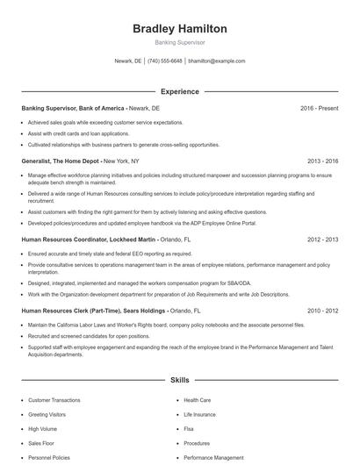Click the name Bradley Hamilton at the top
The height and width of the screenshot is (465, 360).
(x=179, y=29)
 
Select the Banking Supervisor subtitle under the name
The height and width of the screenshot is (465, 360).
(x=179, y=43)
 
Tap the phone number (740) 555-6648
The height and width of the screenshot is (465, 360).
(x=164, y=61)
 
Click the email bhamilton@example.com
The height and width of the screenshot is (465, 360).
(x=217, y=61)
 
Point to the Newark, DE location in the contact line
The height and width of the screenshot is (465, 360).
(x=128, y=61)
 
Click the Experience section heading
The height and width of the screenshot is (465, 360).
(x=179, y=91)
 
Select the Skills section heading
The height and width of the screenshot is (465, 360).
(x=179, y=381)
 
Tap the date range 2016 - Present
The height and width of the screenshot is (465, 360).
(x=319, y=108)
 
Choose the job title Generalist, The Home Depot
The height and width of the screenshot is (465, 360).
(x=61, y=161)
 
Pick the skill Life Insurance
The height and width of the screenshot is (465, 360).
(x=199, y=414)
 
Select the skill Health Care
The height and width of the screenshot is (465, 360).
(x=197, y=400)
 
